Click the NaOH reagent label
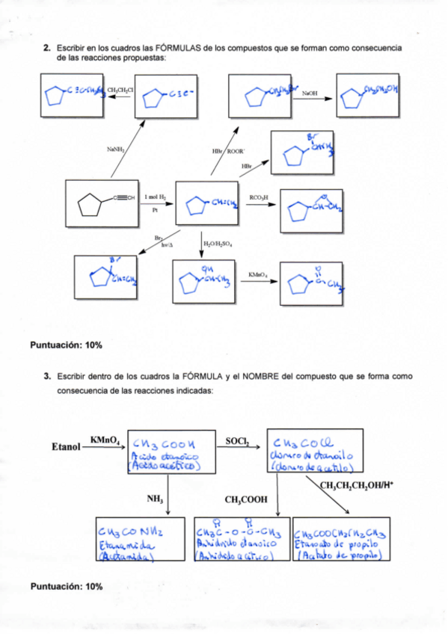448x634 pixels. pos(309,95)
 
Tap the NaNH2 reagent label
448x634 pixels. pos(115,150)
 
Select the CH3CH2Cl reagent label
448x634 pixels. pos(120,90)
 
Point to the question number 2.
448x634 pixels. pos(47,48)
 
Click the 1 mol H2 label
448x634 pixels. pos(155,196)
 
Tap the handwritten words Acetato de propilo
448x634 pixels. pos(332,555)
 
